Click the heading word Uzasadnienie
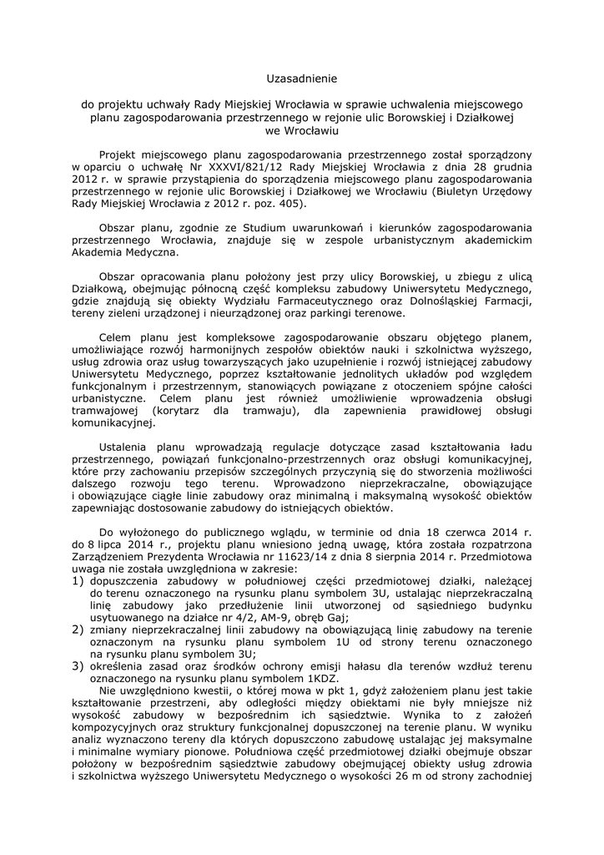tap(301, 79)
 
